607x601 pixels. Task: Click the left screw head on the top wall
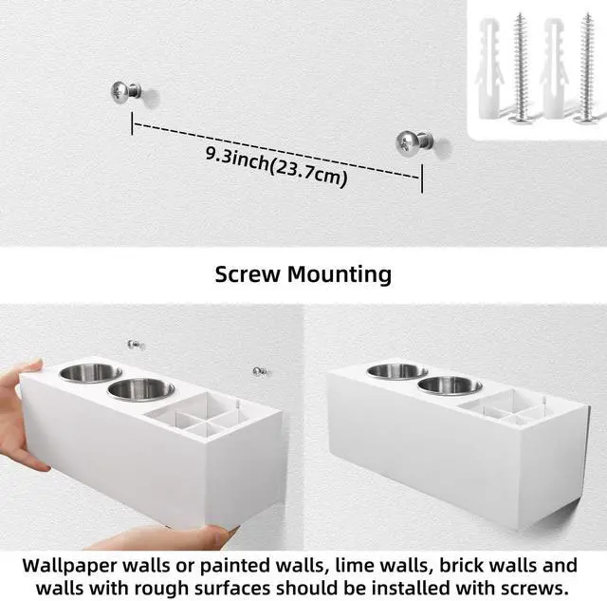click(120, 93)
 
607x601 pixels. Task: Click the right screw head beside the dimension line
click(406, 141)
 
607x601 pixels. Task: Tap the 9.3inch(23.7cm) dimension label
click(276, 166)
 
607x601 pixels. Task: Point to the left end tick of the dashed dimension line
click(133, 123)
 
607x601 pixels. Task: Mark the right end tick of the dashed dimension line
click(421, 178)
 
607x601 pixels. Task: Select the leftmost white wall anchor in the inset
click(488, 69)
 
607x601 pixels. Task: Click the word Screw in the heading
click(248, 274)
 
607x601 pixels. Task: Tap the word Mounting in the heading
click(340, 275)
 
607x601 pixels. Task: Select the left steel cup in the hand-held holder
click(91, 373)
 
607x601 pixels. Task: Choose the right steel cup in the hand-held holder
click(141, 389)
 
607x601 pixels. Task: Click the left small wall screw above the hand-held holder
click(135, 344)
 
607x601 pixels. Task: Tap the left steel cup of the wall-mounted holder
click(397, 371)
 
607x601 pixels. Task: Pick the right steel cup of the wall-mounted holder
click(450, 385)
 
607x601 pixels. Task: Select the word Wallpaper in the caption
click(68, 566)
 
